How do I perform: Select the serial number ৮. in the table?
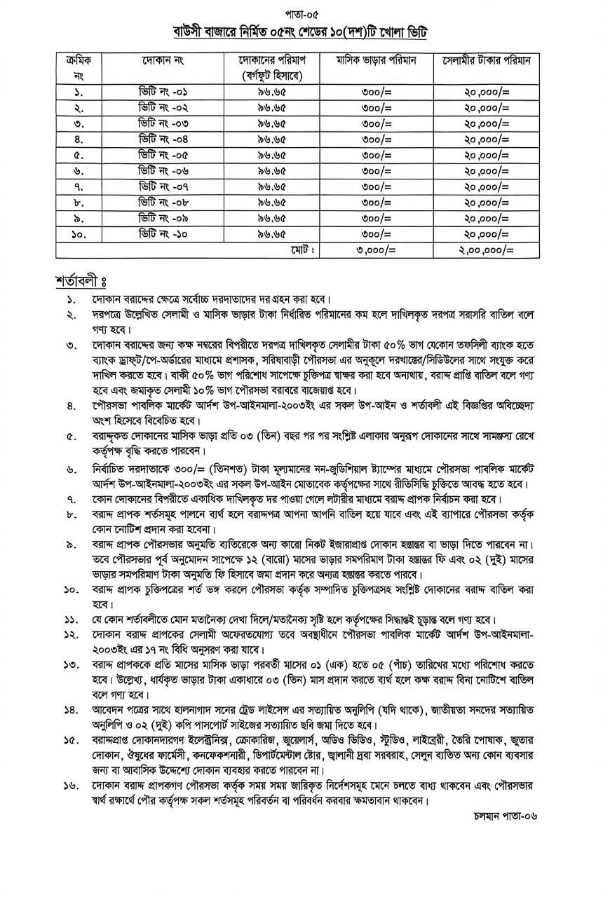(x=79, y=202)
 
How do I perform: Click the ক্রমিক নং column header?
(x=79, y=67)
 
